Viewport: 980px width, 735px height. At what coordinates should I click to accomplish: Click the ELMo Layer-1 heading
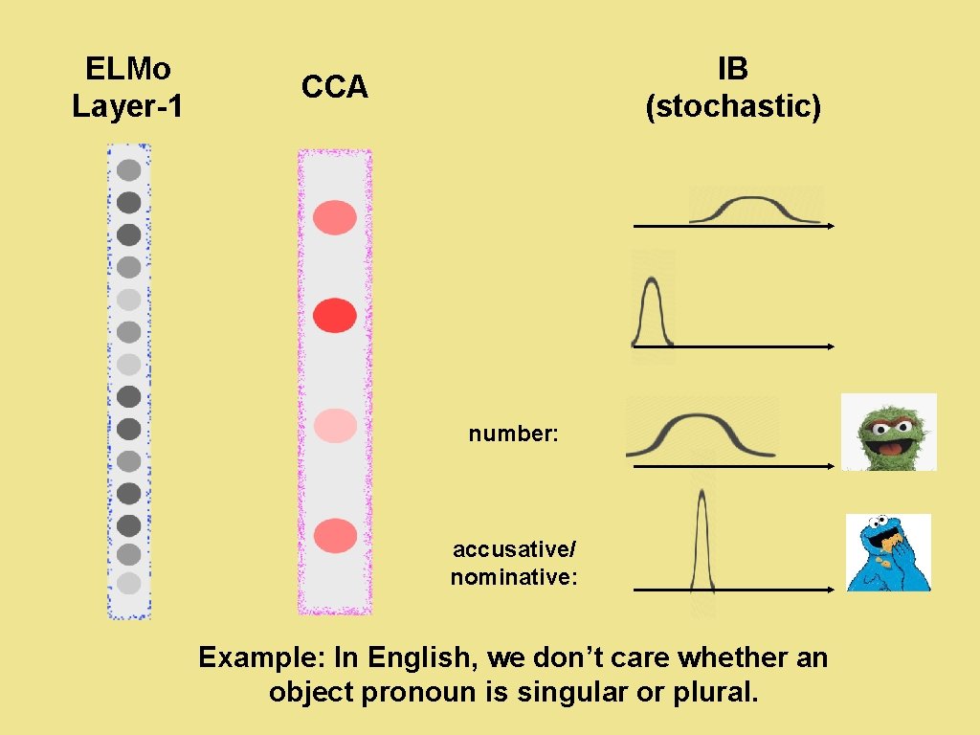tap(127, 87)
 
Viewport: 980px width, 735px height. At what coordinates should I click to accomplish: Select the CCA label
tap(334, 87)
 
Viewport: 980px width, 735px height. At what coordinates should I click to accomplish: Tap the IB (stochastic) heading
tap(733, 87)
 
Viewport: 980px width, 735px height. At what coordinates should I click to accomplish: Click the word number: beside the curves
tap(513, 434)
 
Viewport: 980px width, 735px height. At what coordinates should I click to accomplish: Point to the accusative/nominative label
tap(514, 563)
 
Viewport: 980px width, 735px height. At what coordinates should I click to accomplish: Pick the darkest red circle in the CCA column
tap(335, 315)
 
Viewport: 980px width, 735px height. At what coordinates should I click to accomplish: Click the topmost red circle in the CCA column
tap(335, 217)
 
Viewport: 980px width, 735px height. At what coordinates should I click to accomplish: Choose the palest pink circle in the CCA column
tap(335, 425)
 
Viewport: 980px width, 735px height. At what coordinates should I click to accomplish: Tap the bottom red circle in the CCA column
tap(335, 535)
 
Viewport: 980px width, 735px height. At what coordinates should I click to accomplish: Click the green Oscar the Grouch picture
tap(888, 432)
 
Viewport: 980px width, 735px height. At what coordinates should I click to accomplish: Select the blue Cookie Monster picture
tap(888, 552)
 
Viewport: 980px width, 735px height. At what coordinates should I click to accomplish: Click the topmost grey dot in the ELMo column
tap(129, 170)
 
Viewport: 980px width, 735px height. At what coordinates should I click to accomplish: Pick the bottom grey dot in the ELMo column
tap(129, 583)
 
